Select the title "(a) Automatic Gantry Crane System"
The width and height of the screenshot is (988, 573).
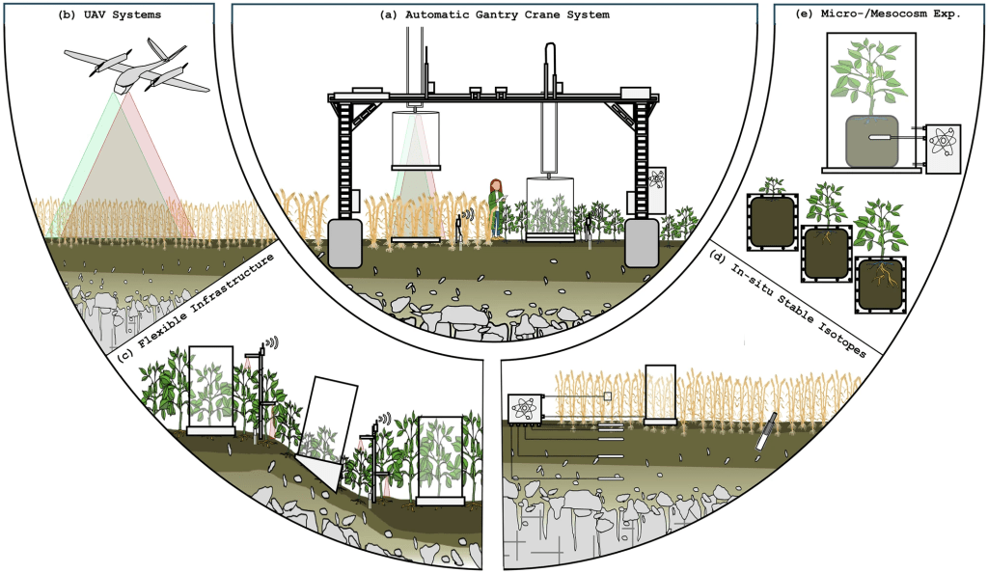click(495, 15)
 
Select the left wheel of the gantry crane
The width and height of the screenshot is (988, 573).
click(343, 242)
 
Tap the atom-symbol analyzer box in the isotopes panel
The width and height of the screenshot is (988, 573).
click(525, 410)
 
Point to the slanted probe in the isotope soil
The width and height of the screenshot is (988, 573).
click(766, 432)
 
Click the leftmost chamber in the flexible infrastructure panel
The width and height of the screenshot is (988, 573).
click(210, 390)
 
